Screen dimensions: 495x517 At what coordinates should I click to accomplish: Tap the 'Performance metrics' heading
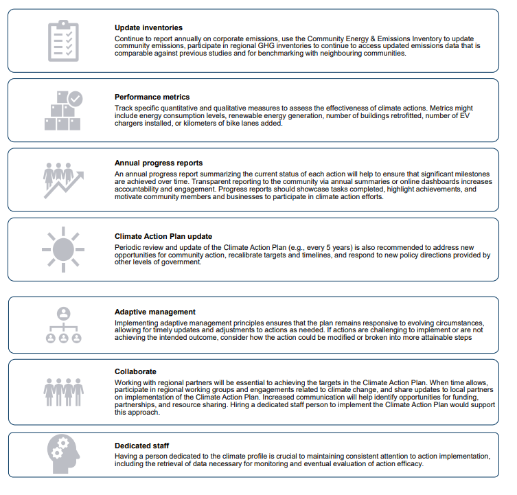(x=152, y=97)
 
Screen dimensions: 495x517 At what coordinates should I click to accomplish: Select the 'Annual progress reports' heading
(x=159, y=163)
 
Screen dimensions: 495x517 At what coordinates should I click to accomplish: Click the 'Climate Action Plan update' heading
(x=163, y=237)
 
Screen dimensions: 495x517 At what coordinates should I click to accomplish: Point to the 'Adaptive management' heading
(x=155, y=312)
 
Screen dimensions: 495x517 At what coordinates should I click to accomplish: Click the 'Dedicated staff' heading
(x=142, y=446)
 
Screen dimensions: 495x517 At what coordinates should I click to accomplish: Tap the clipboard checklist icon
(x=63, y=40)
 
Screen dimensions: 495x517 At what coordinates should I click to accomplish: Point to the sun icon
(x=62, y=248)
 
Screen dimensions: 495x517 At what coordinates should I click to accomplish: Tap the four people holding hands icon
(x=63, y=391)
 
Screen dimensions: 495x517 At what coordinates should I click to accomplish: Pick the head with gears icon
(x=63, y=455)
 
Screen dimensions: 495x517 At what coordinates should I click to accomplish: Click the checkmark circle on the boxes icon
(x=75, y=99)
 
